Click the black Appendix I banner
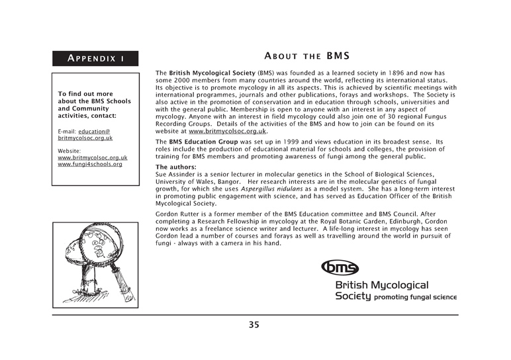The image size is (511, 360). click(97, 58)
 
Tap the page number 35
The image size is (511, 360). click(255, 324)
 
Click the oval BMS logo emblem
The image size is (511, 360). click(340, 267)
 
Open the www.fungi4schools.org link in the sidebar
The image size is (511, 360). click(90, 164)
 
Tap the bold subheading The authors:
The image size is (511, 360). click(176, 167)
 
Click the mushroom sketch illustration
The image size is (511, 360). click(96, 263)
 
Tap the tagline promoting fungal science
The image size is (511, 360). click(416, 297)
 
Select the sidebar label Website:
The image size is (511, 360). click(70, 151)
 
